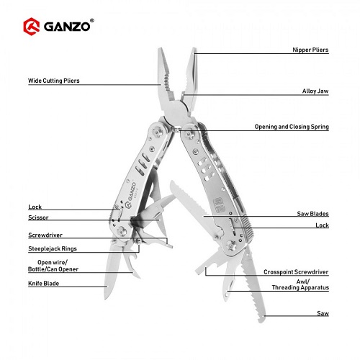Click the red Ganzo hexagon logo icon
point(32,27)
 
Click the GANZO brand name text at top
point(67,27)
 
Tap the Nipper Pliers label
point(310,50)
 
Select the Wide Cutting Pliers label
point(54,81)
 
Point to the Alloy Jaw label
point(315,91)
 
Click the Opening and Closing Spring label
point(292,127)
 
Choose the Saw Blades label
point(312,214)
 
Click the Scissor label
point(38,217)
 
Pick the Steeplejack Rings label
point(53,248)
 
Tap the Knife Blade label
point(43,284)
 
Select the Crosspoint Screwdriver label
point(296,272)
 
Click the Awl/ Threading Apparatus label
point(300,284)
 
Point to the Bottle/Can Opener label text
point(53,269)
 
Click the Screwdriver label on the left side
point(45,235)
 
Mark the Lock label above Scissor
point(35,207)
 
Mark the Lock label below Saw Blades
point(322,225)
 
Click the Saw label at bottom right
point(323,313)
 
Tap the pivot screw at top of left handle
point(158,132)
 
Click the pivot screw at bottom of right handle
point(232,246)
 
